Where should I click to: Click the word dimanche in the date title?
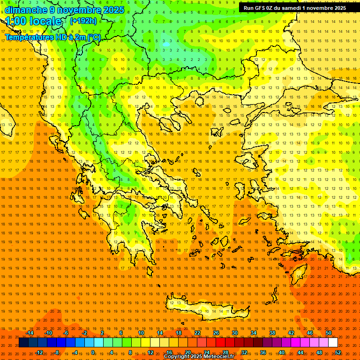point(25,10)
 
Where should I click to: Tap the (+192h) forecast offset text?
point(83,21)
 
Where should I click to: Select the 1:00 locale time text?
point(33,21)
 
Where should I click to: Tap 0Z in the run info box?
point(271,8)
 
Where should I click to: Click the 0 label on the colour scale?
point(93,352)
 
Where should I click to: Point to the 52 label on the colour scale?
point(338,352)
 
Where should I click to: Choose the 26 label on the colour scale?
point(216,333)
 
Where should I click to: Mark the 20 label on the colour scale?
point(187,352)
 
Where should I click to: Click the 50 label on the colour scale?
point(329,333)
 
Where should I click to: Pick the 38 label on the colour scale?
point(272,333)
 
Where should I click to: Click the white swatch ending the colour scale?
point(333,343)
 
